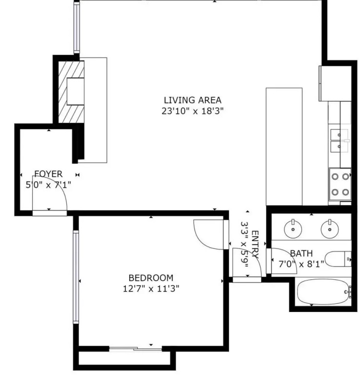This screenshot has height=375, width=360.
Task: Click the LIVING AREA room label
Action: coord(193,100)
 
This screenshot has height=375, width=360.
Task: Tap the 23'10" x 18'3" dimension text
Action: coord(193,111)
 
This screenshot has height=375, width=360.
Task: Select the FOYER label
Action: coord(48,174)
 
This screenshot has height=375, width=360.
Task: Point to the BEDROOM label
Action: coord(151,278)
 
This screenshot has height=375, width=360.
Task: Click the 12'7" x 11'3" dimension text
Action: coord(151,289)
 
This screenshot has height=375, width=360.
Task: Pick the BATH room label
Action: coord(301,253)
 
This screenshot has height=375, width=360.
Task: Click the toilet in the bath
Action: coord(338,259)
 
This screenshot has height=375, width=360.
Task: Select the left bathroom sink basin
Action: coord(293,229)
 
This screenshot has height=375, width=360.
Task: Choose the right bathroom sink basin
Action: coord(330,229)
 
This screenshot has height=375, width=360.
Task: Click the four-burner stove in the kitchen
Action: coord(340,184)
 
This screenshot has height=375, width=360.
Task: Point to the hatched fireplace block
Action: coord(71,92)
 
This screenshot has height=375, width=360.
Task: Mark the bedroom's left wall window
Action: coord(76,277)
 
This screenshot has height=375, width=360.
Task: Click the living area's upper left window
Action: coord(77,27)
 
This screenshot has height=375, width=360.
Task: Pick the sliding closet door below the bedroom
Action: coord(136,349)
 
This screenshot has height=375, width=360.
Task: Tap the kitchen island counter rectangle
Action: coord(284,146)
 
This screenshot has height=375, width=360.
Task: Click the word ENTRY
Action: coord(255,244)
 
